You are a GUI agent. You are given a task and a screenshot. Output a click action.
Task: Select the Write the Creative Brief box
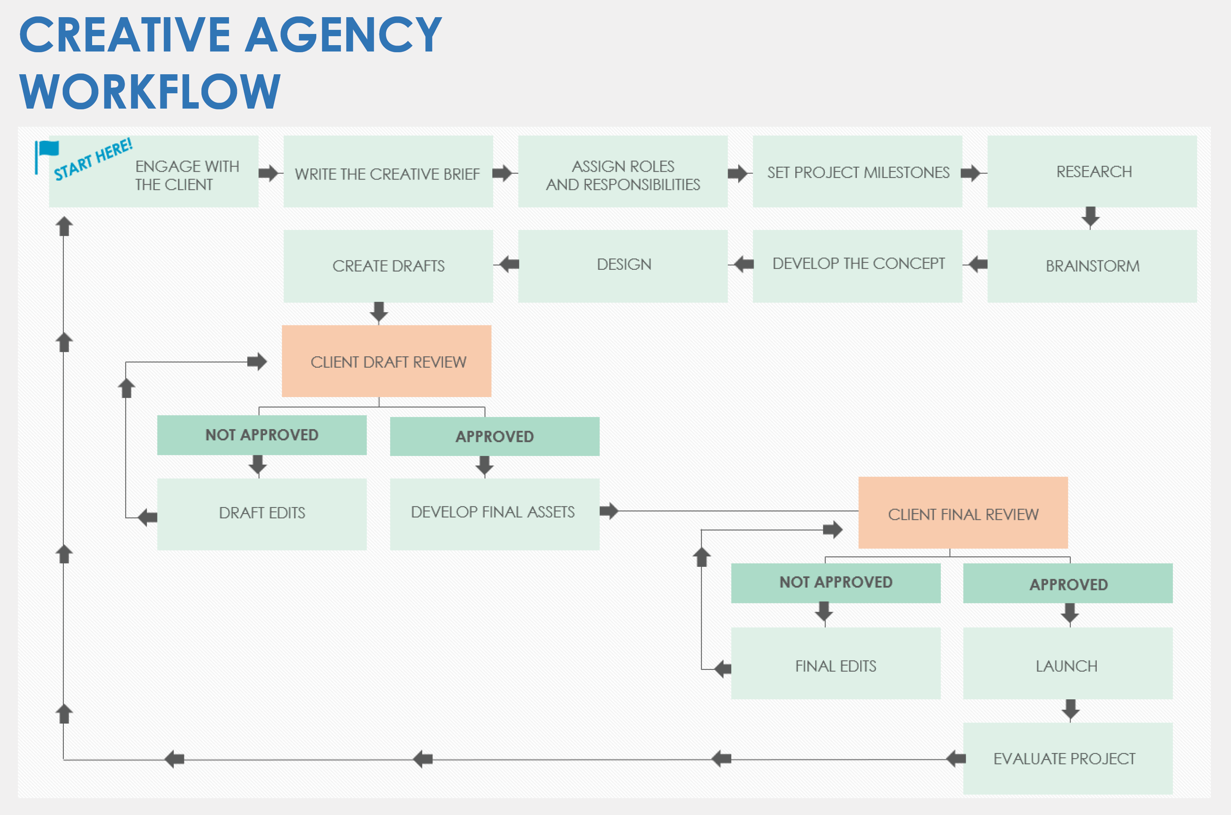point(388,172)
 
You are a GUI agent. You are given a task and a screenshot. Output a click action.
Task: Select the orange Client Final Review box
point(962,513)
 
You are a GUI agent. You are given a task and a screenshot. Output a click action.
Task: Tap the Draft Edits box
point(261,513)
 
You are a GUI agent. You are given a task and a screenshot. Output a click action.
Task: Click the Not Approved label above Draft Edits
point(261,435)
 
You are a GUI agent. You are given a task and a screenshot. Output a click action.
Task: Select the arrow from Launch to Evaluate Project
point(1070,709)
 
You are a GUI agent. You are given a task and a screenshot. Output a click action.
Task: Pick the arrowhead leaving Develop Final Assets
point(609,511)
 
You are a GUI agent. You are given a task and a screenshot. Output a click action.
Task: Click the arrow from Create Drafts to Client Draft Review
point(379,312)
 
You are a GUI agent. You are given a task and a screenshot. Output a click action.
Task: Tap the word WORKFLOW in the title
point(150,91)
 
